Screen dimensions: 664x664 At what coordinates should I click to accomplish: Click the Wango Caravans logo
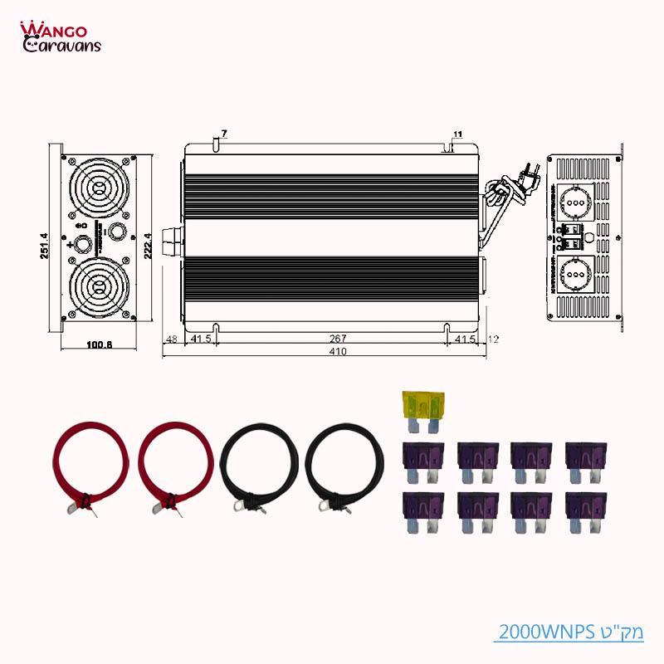[x=60, y=37]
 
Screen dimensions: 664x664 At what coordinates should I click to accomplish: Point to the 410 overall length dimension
[x=337, y=352]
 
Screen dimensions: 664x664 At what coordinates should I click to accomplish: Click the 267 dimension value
[x=337, y=339]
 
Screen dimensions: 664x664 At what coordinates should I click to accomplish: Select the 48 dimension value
[x=172, y=339]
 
